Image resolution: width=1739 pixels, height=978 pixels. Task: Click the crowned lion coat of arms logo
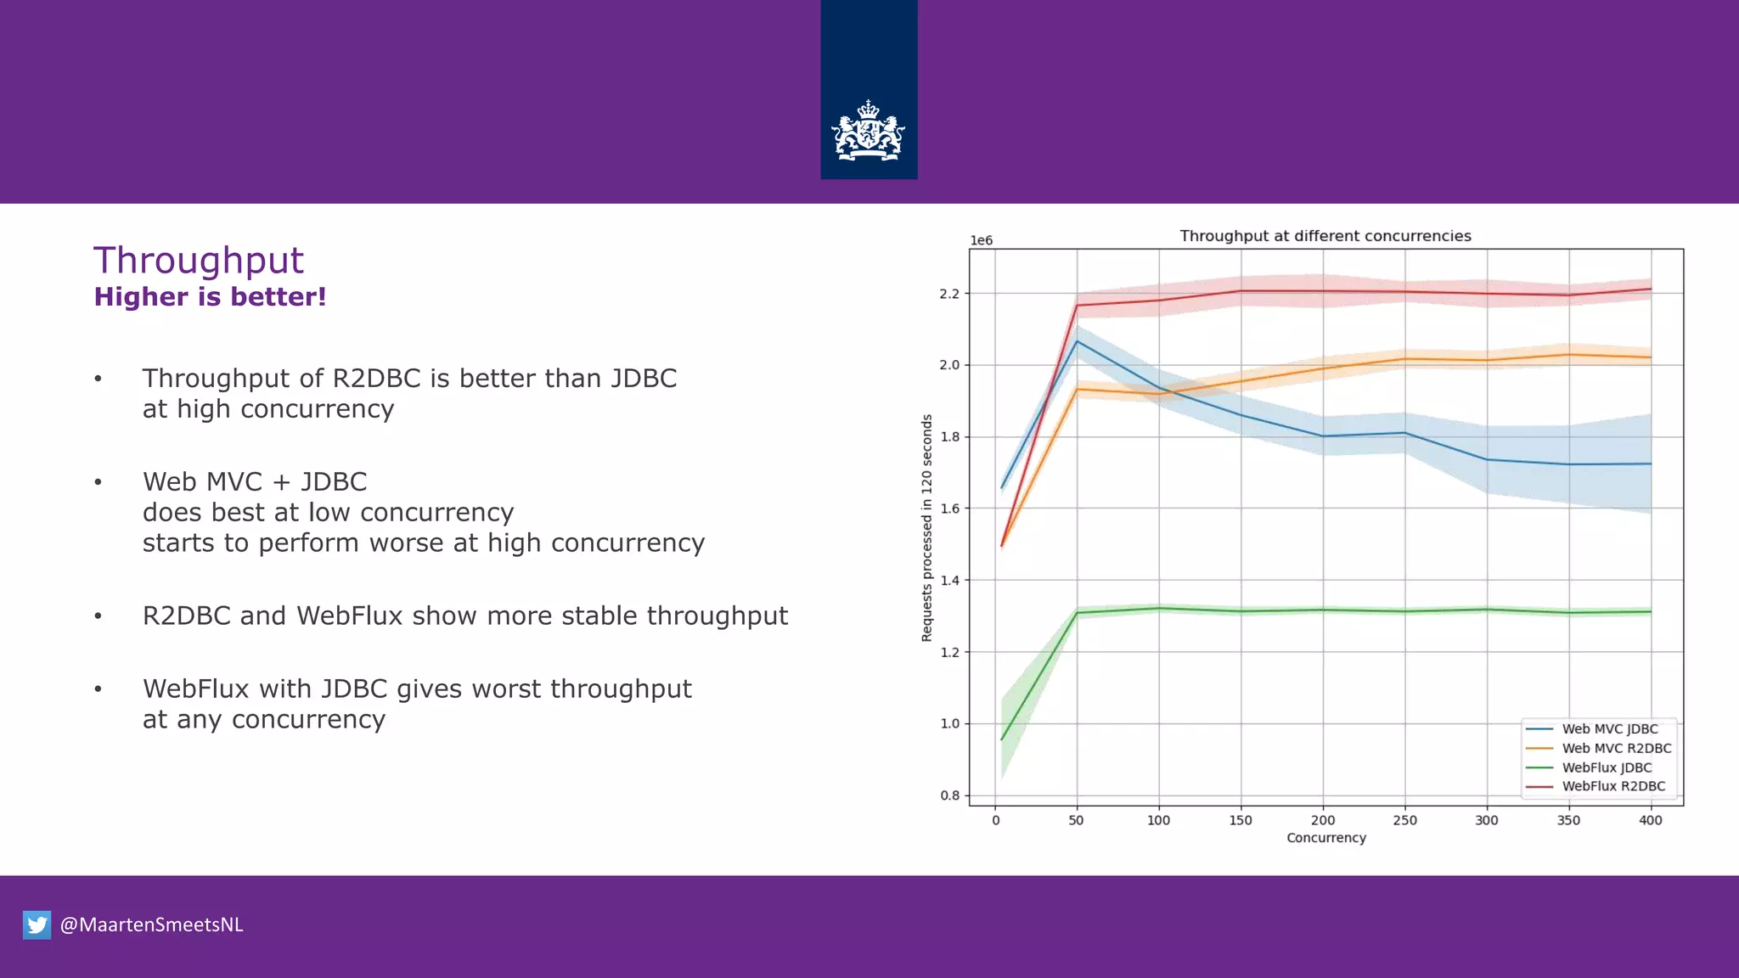pyautogui.click(x=868, y=131)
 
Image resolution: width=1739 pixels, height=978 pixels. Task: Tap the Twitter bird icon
pyautogui.click(x=37, y=925)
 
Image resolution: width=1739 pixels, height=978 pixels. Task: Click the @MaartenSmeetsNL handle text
pyautogui.click(x=151, y=925)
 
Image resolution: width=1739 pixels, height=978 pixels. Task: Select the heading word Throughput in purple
pyautogui.click(x=198, y=261)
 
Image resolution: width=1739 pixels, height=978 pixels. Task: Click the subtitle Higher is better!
pyautogui.click(x=210, y=297)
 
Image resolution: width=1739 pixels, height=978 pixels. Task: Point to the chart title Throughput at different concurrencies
pyautogui.click(x=1325, y=236)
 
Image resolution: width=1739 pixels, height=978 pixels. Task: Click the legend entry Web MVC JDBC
pyautogui.click(x=1609, y=729)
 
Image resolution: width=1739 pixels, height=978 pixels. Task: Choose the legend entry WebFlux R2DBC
pyautogui.click(x=1613, y=786)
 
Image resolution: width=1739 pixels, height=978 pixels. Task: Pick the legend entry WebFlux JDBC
pyautogui.click(x=1607, y=767)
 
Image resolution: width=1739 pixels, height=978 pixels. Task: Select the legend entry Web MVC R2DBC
pyautogui.click(x=1616, y=748)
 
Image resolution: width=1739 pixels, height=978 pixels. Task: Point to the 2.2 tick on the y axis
pyautogui.click(x=949, y=294)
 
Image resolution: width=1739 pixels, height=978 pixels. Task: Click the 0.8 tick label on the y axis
pyautogui.click(x=949, y=795)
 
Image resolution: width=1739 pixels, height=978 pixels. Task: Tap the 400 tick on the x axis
pyautogui.click(x=1650, y=820)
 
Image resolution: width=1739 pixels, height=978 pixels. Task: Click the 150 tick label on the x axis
pyautogui.click(x=1241, y=820)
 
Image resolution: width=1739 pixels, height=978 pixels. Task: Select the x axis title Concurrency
pyautogui.click(x=1325, y=838)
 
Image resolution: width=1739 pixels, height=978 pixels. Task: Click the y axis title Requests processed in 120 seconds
pyautogui.click(x=926, y=528)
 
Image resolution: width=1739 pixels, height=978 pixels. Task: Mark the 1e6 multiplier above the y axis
pyautogui.click(x=981, y=241)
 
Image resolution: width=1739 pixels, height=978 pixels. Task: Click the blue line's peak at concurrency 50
pyautogui.click(x=1077, y=341)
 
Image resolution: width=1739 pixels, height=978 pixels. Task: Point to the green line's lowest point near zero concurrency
pyautogui.click(x=1002, y=739)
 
